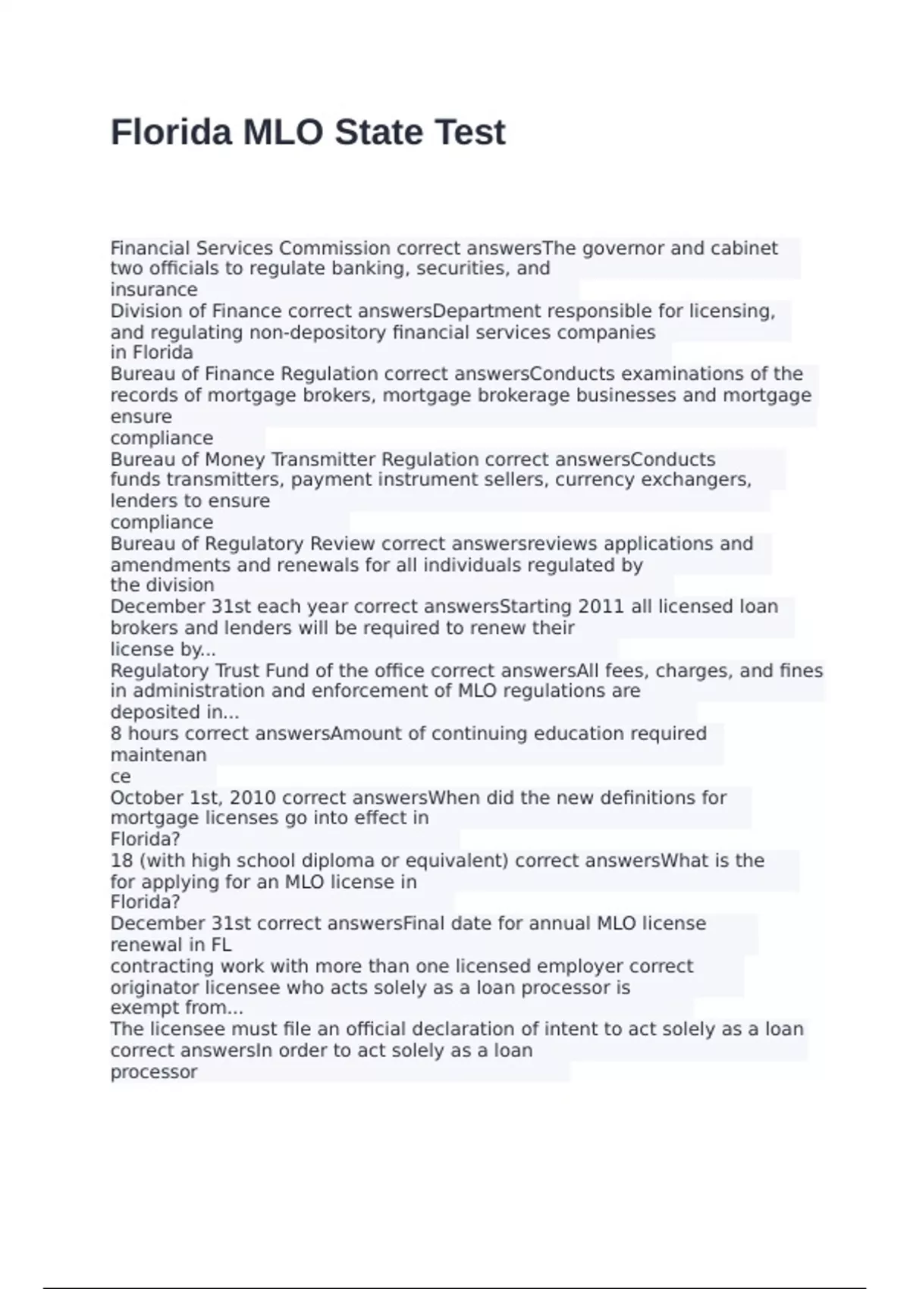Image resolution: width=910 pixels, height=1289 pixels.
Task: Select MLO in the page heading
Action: (283, 132)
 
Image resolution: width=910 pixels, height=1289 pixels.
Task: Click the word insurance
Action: (154, 290)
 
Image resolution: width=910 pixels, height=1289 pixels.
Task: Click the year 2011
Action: (602, 607)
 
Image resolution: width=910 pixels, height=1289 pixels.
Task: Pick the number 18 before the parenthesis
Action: (121, 861)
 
